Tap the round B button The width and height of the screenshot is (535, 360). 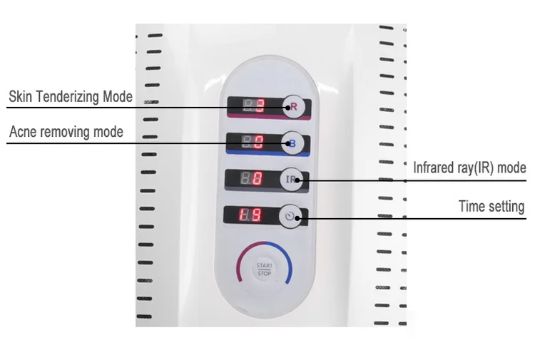coord(291,143)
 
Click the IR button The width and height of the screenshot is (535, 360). coord(291,180)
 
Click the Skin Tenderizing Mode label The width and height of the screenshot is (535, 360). coord(71,96)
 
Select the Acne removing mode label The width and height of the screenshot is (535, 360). coord(66,132)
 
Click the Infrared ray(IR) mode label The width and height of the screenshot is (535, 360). coord(469,168)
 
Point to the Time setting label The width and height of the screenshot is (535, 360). coord(491,207)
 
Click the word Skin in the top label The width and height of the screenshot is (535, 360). coord(20,96)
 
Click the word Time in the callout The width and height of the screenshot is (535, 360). coord(472,207)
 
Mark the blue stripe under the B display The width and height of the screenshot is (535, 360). coord(264,153)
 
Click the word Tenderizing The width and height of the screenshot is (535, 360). coord(67,96)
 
